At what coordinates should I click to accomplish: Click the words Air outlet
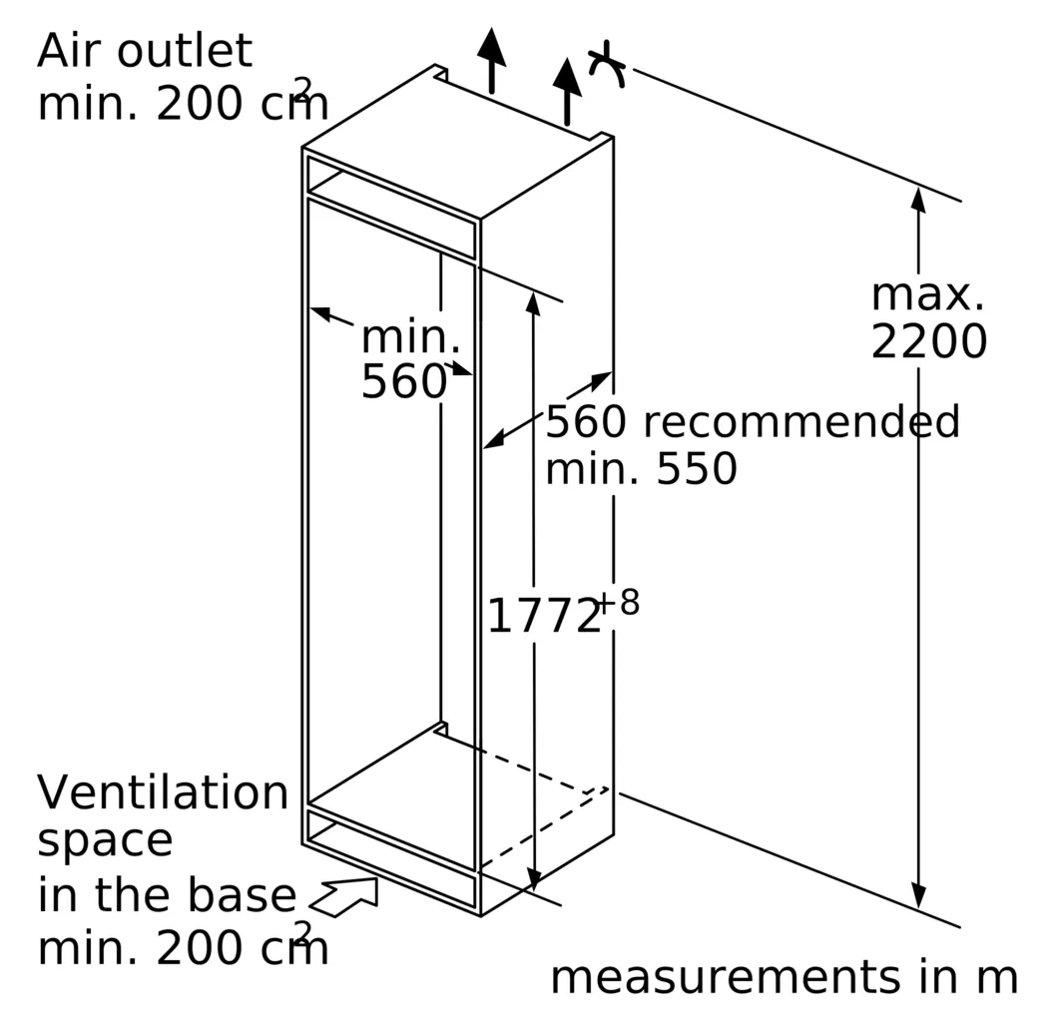[145, 51]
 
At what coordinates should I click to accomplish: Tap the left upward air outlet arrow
[492, 61]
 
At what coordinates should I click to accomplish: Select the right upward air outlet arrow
[568, 91]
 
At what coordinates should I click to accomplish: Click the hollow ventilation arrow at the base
[343, 897]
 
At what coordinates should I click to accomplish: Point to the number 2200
[929, 341]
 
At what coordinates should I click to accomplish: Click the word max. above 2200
[928, 295]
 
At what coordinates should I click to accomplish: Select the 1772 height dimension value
[544, 617]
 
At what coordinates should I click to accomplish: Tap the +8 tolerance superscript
[618, 603]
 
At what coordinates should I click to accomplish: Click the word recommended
[801, 422]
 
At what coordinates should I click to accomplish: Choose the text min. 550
[642, 469]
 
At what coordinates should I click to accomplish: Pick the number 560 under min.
[404, 382]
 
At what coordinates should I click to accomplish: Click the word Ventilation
[163, 792]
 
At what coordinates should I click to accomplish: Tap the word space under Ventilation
[106, 841]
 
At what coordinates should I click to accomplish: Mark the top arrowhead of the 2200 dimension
[918, 200]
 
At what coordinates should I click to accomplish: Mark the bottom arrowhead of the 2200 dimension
[918, 896]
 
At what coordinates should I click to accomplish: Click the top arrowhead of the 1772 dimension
[533, 303]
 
